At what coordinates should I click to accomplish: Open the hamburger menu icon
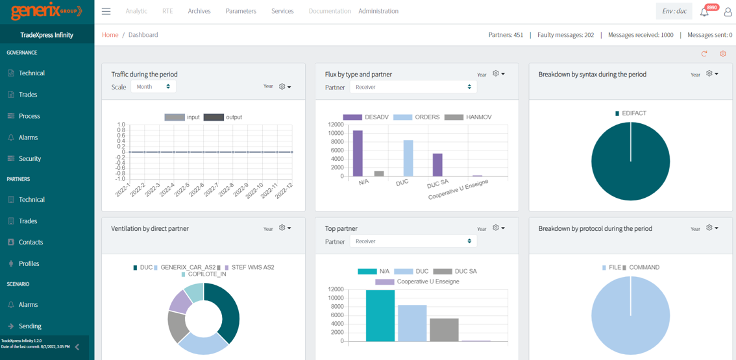tap(106, 11)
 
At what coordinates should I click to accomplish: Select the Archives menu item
tap(199, 11)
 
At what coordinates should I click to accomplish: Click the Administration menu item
tap(378, 11)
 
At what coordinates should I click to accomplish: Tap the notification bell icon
tap(704, 12)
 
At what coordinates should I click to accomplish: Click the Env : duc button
tap(674, 11)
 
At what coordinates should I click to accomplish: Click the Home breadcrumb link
tap(110, 35)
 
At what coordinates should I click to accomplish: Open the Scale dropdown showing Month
tap(153, 86)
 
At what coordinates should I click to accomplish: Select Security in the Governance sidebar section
tap(30, 158)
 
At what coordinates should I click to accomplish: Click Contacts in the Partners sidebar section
tap(31, 242)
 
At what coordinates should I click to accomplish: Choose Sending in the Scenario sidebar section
tap(30, 326)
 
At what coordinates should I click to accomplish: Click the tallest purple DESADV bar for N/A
tap(358, 153)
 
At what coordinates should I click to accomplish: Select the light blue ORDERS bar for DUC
tap(408, 158)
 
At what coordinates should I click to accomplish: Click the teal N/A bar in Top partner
tap(380, 315)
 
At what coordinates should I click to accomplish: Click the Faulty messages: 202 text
tap(565, 35)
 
